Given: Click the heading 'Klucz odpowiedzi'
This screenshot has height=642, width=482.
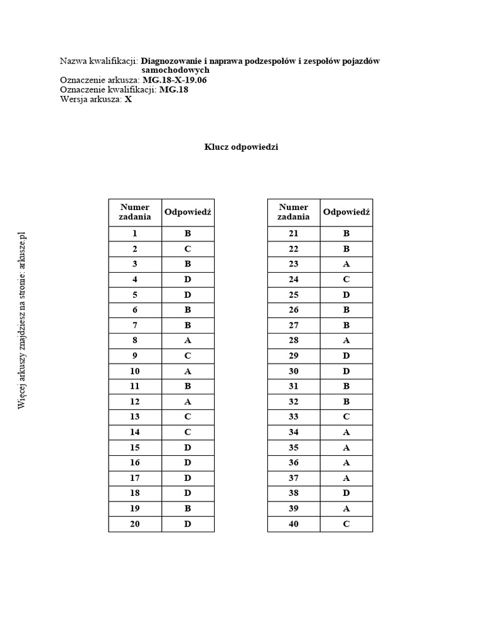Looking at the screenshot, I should click(x=241, y=147).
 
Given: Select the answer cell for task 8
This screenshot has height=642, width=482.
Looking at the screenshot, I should click(x=188, y=340).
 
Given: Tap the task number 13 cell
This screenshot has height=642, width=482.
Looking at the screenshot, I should click(x=135, y=417).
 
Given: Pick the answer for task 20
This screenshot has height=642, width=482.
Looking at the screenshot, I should click(x=188, y=524).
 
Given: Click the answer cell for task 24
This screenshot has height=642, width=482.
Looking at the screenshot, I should click(x=346, y=279).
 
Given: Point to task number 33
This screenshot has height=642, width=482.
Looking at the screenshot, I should click(x=294, y=417).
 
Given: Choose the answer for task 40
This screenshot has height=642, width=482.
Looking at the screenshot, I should click(x=346, y=524).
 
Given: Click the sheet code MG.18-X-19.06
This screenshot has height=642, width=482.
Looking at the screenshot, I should click(x=175, y=80).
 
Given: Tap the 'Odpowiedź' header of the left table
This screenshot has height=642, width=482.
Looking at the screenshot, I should click(x=188, y=212).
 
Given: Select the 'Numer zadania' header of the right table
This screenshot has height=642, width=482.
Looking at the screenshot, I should click(x=294, y=212).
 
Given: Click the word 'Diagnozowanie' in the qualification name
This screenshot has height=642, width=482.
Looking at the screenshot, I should click(x=171, y=61).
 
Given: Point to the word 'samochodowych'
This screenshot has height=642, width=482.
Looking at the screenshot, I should click(x=175, y=71).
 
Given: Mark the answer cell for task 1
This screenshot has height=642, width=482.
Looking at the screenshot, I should click(x=188, y=233).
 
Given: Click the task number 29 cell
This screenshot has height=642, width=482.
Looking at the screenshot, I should click(x=294, y=355).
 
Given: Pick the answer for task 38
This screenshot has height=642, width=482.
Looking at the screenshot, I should click(x=346, y=493).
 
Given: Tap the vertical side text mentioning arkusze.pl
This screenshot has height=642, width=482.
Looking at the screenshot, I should click(x=23, y=320).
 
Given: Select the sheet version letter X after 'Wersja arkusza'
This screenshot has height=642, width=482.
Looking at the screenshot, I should click(x=129, y=99).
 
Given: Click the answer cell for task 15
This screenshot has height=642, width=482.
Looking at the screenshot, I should click(x=188, y=448).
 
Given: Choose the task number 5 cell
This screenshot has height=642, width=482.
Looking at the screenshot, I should click(x=135, y=295).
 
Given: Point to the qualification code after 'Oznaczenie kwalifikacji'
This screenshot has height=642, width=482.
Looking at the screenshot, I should click(x=174, y=90).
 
